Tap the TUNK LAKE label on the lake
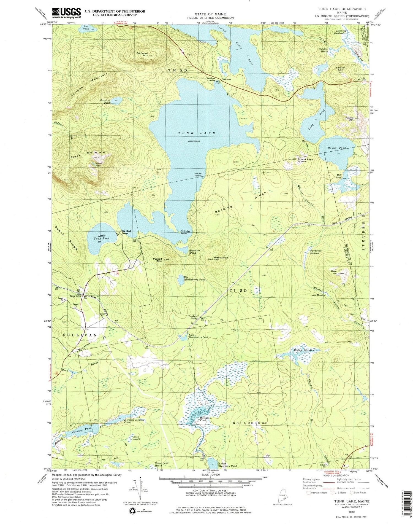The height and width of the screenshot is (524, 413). (197, 133)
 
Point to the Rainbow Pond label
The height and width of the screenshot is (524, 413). (105, 101)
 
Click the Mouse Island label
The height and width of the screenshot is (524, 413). (198, 175)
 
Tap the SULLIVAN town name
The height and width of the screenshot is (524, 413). (80, 335)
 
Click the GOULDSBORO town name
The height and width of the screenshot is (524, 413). (250, 423)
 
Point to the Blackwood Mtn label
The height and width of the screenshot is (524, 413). (221, 258)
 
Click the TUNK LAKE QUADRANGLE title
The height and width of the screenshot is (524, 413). (342, 9)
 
